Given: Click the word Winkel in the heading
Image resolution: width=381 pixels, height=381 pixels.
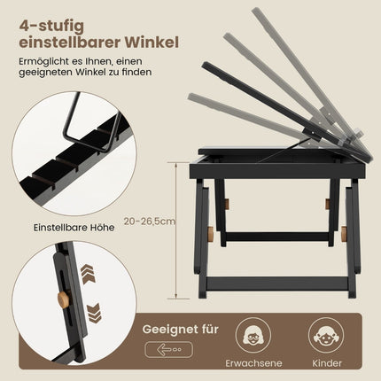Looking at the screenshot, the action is click(152, 43).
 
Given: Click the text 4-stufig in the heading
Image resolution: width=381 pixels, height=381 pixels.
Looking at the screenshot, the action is click(51, 27).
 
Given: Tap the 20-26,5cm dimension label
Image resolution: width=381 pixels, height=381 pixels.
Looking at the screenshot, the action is click(150, 221).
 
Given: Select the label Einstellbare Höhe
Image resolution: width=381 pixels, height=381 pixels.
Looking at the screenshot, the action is click(74, 228).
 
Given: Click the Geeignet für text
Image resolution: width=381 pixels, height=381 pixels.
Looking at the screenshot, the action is click(181, 329).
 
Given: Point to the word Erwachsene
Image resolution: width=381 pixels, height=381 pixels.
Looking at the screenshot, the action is click(253, 363).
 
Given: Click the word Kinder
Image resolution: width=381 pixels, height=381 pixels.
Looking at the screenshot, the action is click(327, 363).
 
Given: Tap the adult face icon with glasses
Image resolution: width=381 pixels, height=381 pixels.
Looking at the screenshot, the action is click(253, 335).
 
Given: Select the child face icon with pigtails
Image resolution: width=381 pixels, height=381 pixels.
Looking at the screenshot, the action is click(326, 335).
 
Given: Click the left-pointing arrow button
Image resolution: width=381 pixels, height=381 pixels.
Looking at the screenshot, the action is click(169, 349).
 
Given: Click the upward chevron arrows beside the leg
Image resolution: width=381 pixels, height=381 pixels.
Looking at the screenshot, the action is click(87, 275).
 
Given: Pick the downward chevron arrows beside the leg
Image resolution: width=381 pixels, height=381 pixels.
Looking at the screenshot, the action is click(94, 313).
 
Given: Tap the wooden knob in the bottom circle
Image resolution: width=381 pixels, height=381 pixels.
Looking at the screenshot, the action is click(63, 299).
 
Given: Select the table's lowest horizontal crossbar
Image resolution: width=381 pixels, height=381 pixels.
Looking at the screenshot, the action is click(277, 284).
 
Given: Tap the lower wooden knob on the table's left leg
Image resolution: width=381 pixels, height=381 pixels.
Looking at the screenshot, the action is click(211, 234).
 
